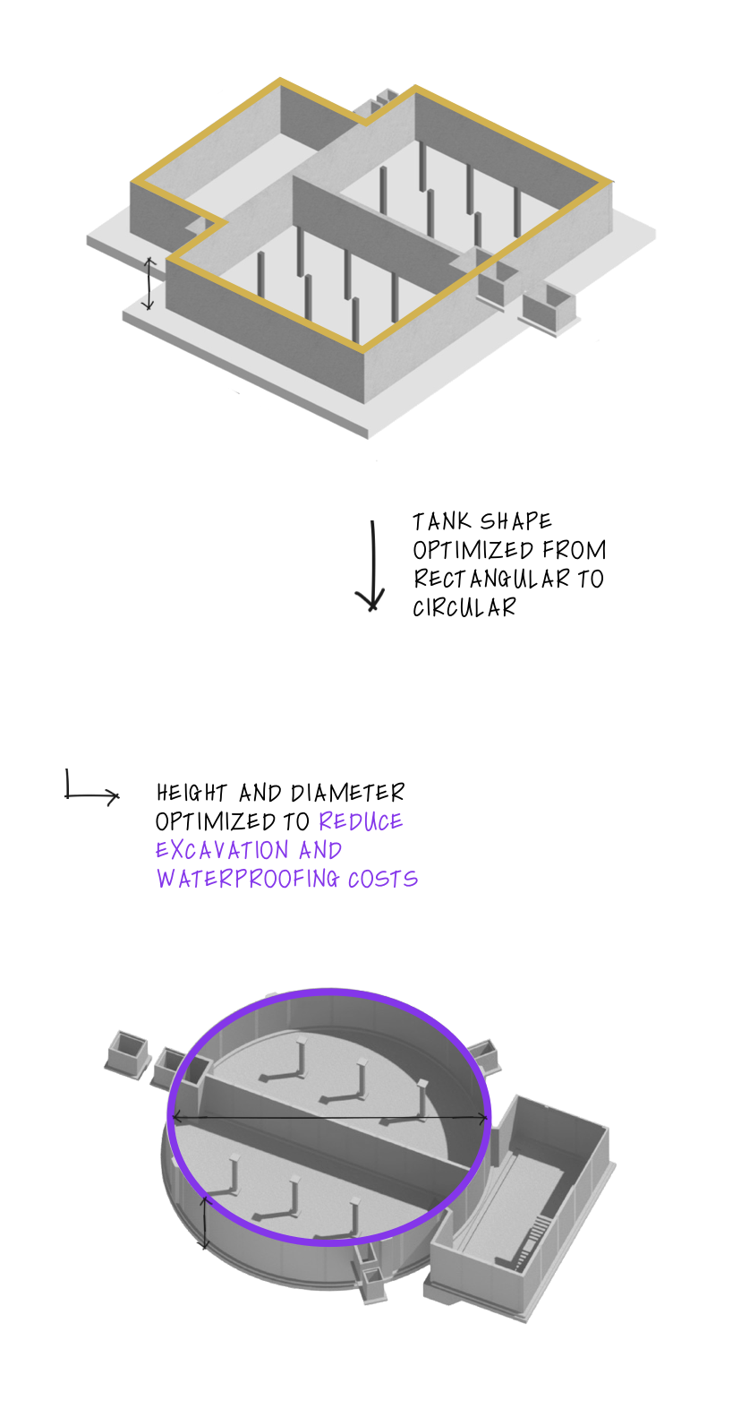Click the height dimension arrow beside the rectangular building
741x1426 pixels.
coord(149,283)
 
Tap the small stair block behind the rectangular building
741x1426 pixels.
coord(382,98)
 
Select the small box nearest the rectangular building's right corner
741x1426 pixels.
coord(498,285)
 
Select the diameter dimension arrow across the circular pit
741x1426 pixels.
coord(329,1118)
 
